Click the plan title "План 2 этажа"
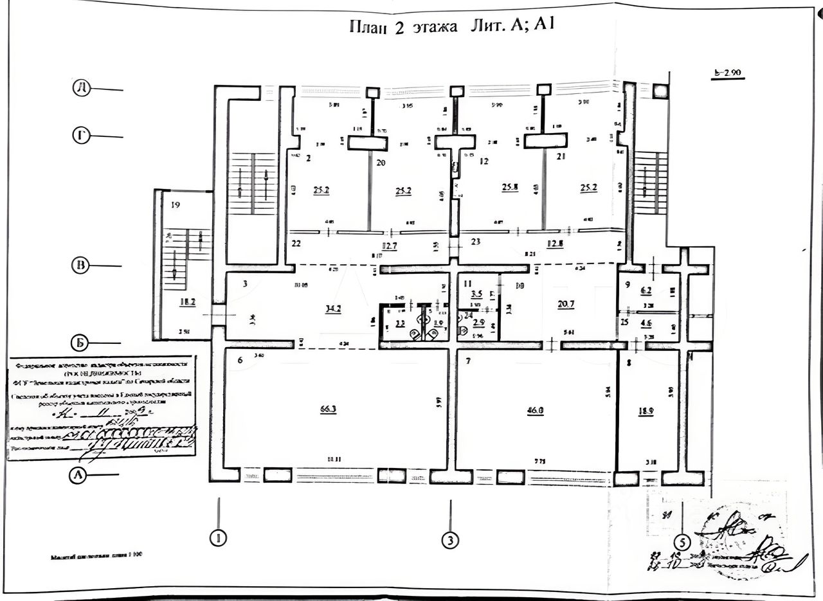(x=403, y=27)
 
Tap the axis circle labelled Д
(x=81, y=89)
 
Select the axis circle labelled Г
(x=81, y=135)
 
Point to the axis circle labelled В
(x=80, y=265)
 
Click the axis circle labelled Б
(x=80, y=343)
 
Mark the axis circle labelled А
(x=78, y=474)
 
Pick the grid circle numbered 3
(x=451, y=541)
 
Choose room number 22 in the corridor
(x=296, y=244)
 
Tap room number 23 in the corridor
(x=476, y=242)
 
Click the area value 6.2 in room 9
(x=646, y=290)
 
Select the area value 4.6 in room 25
(x=646, y=322)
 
